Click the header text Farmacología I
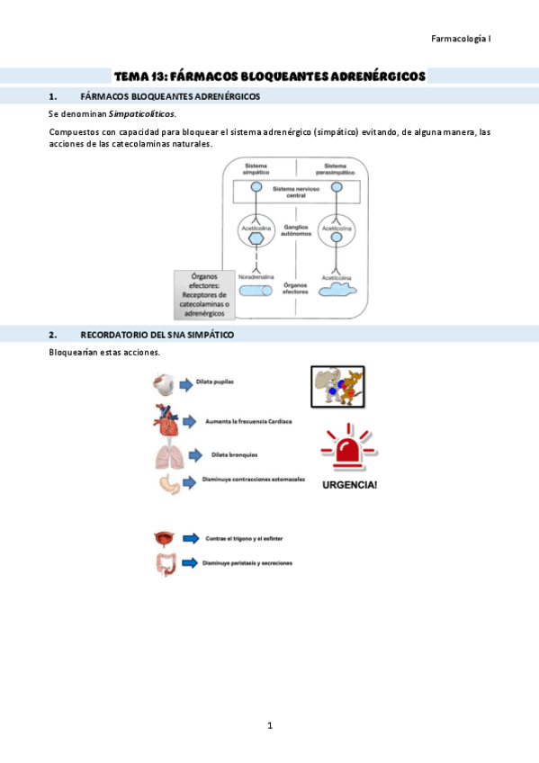point(461,39)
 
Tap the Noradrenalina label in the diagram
point(256,277)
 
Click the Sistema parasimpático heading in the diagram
point(336,169)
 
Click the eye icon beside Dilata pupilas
point(164,384)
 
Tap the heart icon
point(166,420)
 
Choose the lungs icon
point(167,456)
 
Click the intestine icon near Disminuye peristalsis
point(166,564)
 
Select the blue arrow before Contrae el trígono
point(191,538)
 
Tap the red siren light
point(349,448)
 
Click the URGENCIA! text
point(349,485)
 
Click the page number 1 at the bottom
point(269,725)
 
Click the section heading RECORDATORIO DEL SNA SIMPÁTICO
point(157,335)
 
